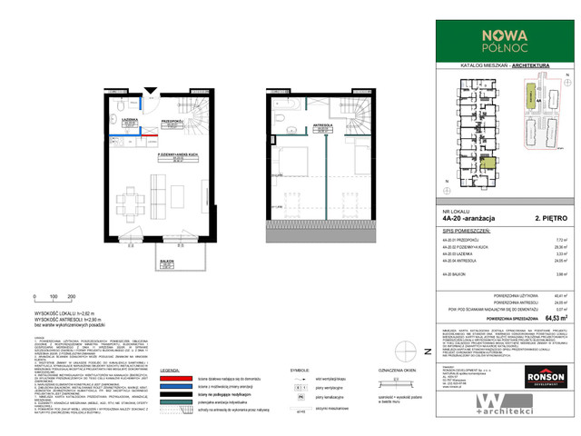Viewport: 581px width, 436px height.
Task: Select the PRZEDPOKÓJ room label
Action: coord(173,121)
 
